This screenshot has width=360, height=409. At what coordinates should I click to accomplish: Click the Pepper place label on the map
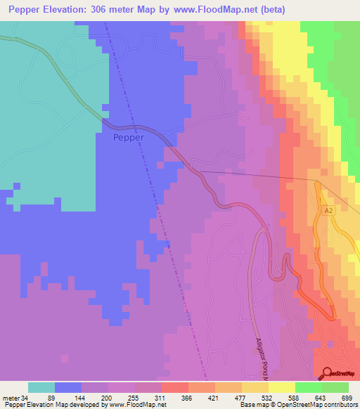(129, 138)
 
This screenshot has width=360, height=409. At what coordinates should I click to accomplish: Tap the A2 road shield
(328, 210)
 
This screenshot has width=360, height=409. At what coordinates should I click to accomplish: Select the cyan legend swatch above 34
(41, 387)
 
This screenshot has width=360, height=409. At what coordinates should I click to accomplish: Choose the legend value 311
(161, 398)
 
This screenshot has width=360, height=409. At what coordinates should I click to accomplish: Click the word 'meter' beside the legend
(12, 398)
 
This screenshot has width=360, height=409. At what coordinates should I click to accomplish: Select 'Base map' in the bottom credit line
(252, 405)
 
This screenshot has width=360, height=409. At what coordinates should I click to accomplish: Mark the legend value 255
(135, 398)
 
